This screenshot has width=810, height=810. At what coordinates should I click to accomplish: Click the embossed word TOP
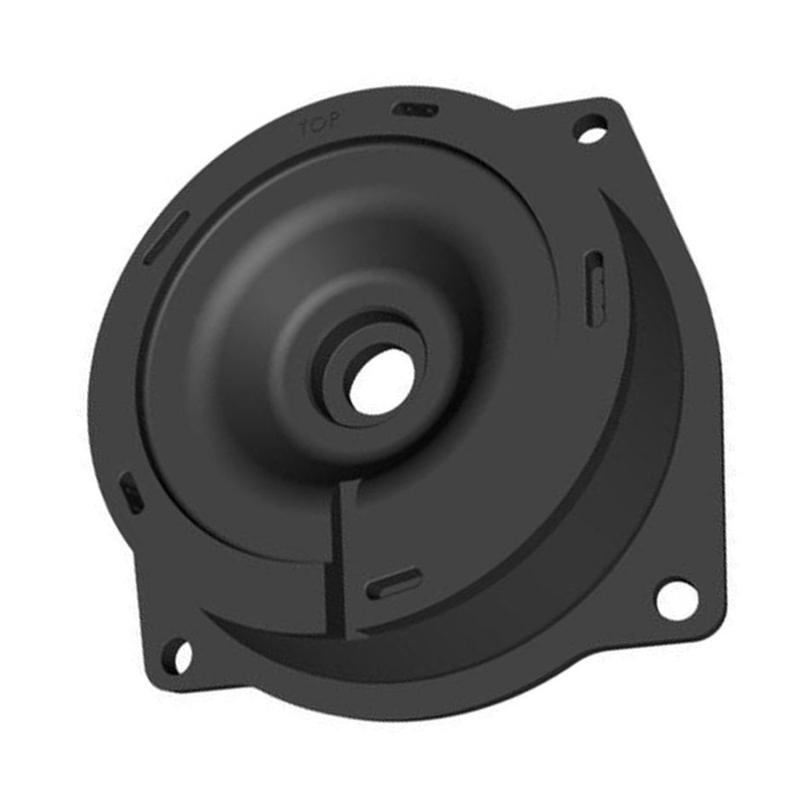point(320,126)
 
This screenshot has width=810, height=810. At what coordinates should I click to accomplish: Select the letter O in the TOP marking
point(320,126)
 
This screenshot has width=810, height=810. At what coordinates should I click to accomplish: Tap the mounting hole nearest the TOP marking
point(589,130)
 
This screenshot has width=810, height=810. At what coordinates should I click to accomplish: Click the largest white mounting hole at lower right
point(676,599)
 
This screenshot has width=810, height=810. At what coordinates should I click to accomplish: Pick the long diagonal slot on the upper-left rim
point(166,238)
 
